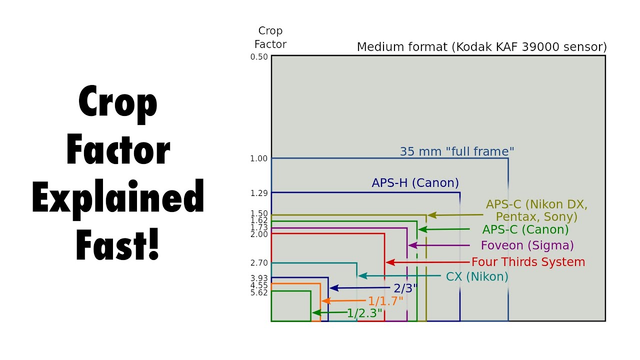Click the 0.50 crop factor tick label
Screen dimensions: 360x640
pos(259,56)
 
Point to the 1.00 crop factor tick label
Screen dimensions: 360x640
pos(259,158)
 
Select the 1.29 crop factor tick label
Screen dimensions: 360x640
pos(259,192)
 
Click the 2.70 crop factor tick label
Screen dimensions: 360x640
pos(259,263)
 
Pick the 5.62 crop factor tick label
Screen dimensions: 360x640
pos(259,292)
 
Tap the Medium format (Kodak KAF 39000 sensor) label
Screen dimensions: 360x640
pos(481,47)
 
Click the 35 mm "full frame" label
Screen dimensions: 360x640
pos(457,151)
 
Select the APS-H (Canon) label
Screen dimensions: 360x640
pos(415,183)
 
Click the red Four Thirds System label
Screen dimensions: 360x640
pos(528,262)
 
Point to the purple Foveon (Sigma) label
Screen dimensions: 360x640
pos(527,245)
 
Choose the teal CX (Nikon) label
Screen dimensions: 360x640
pos(476,276)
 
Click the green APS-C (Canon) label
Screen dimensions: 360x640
pos(525,229)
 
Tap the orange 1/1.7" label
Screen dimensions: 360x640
pos(385,301)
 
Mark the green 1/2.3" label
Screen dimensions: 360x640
pos(364,313)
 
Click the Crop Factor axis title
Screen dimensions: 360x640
pos(270,37)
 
